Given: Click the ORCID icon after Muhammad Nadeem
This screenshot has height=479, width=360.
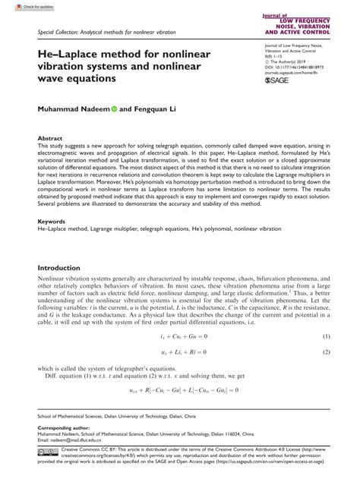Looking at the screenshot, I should pos(115,111).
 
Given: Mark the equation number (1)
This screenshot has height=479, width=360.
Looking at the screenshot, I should pos(327,337).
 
